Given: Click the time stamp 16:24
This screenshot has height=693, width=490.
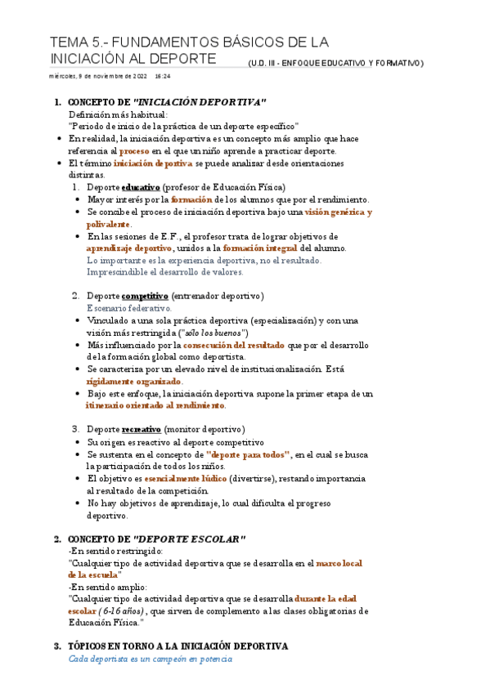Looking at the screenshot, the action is click(x=162, y=76).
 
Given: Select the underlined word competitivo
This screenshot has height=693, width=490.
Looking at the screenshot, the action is click(x=145, y=295).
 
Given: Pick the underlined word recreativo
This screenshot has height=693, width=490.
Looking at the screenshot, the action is click(x=142, y=428).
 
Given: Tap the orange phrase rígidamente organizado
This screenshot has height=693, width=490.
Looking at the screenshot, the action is click(x=134, y=381).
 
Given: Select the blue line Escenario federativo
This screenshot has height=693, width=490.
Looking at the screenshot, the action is click(x=128, y=308).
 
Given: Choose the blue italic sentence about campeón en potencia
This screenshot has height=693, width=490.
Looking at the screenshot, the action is click(x=151, y=659).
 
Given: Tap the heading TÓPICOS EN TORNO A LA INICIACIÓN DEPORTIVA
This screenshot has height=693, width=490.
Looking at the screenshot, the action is click(x=178, y=646).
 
